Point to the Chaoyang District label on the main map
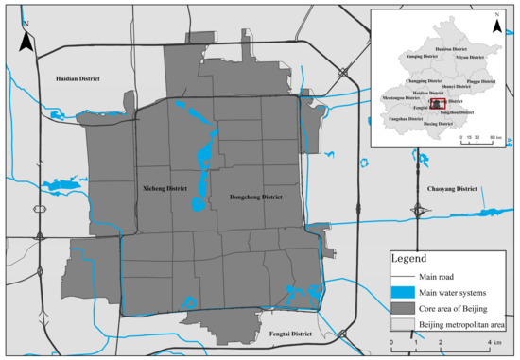tap(455, 189)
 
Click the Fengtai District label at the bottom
tap(287, 334)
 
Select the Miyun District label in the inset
tap(470, 56)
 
